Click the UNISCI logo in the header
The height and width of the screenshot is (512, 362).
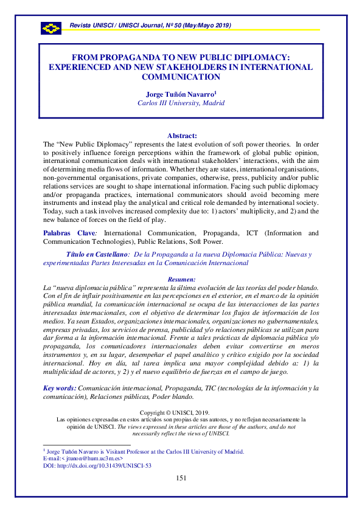(51, 28)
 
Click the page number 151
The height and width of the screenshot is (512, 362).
(181, 478)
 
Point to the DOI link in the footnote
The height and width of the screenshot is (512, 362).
(97, 466)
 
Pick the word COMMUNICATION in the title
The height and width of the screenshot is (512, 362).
(181, 77)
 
